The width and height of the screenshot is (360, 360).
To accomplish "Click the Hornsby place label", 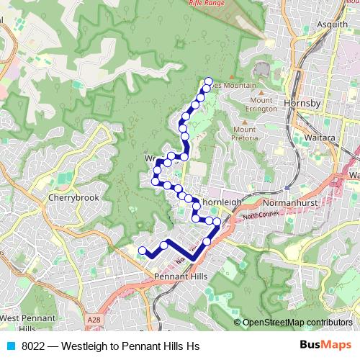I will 304,103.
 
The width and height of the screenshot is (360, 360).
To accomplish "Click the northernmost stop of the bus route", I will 209,81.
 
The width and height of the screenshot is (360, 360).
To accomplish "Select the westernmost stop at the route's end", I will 143,251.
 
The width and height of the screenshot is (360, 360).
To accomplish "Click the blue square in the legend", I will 10,345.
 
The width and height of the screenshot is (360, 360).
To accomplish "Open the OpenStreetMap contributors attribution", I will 297,323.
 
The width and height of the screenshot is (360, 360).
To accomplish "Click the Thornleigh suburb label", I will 219,203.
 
